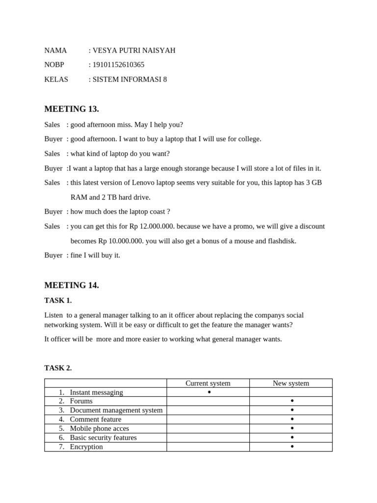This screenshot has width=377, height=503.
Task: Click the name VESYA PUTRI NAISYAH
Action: click(134, 51)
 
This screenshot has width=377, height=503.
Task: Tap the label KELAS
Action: click(56, 80)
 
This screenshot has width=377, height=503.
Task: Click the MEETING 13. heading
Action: click(72, 109)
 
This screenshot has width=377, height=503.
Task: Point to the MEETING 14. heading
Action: click(72, 285)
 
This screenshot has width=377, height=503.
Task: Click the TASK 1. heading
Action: click(58, 301)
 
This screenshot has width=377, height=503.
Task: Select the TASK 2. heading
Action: click(58, 368)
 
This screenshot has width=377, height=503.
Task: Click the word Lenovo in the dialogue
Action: click(144, 183)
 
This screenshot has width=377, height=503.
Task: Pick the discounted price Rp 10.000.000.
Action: click(121, 241)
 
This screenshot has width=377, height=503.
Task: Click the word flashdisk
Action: click(280, 241)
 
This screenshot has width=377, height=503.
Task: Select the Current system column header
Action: click(208, 383)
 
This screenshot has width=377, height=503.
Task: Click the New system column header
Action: click(291, 383)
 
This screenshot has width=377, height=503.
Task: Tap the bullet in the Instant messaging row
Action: click(209, 392)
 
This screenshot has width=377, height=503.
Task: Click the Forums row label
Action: click(81, 401)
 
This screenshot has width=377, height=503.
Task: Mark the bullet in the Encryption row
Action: click(292, 447)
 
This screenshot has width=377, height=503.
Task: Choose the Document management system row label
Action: click(116, 410)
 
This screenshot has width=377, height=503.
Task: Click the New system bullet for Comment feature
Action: click(292, 419)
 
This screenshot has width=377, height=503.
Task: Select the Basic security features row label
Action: click(103, 438)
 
